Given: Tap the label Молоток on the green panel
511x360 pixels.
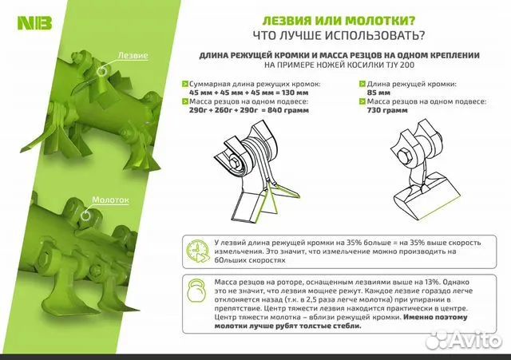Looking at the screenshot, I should coord(110,200).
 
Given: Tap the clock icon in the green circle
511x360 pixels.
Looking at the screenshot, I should coord(195,248).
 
